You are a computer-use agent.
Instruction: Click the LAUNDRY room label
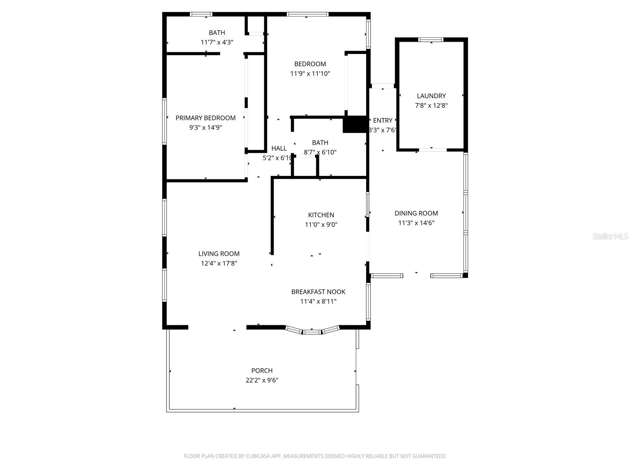coord(431,96)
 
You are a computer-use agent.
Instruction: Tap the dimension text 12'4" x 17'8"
coord(219,264)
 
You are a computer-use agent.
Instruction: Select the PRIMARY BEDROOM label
coord(206,118)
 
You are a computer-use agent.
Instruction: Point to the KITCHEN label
coord(321,215)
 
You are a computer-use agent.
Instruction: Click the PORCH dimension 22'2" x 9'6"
coord(262,380)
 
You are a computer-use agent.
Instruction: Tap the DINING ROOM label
coord(416,213)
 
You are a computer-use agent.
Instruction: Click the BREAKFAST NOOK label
coord(318,292)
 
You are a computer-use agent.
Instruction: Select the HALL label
coord(279,148)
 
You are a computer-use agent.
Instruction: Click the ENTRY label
coord(382,120)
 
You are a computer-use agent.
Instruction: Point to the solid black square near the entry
coord(355,124)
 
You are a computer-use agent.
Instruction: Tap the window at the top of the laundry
coord(431,39)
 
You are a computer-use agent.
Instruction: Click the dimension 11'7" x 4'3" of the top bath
coord(217,42)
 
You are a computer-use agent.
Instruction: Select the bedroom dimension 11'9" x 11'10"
coord(310,74)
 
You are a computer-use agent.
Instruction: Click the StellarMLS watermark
coord(610,236)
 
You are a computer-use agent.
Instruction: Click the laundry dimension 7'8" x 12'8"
coord(431,105)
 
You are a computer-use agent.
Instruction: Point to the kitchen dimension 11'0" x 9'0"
coord(321,225)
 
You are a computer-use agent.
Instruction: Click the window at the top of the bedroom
coord(308,15)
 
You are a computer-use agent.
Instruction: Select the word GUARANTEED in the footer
coord(428,456)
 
